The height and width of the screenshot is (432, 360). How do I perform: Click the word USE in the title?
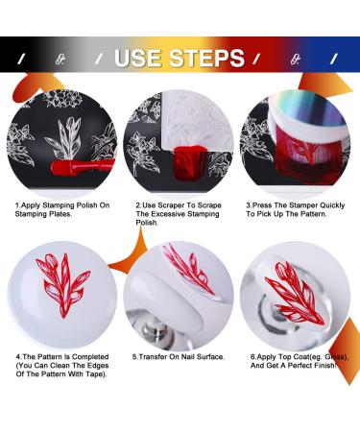pos(141,58)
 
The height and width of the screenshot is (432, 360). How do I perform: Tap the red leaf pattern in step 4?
pos(63,288)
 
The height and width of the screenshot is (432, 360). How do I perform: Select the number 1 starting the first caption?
pos(16,204)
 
